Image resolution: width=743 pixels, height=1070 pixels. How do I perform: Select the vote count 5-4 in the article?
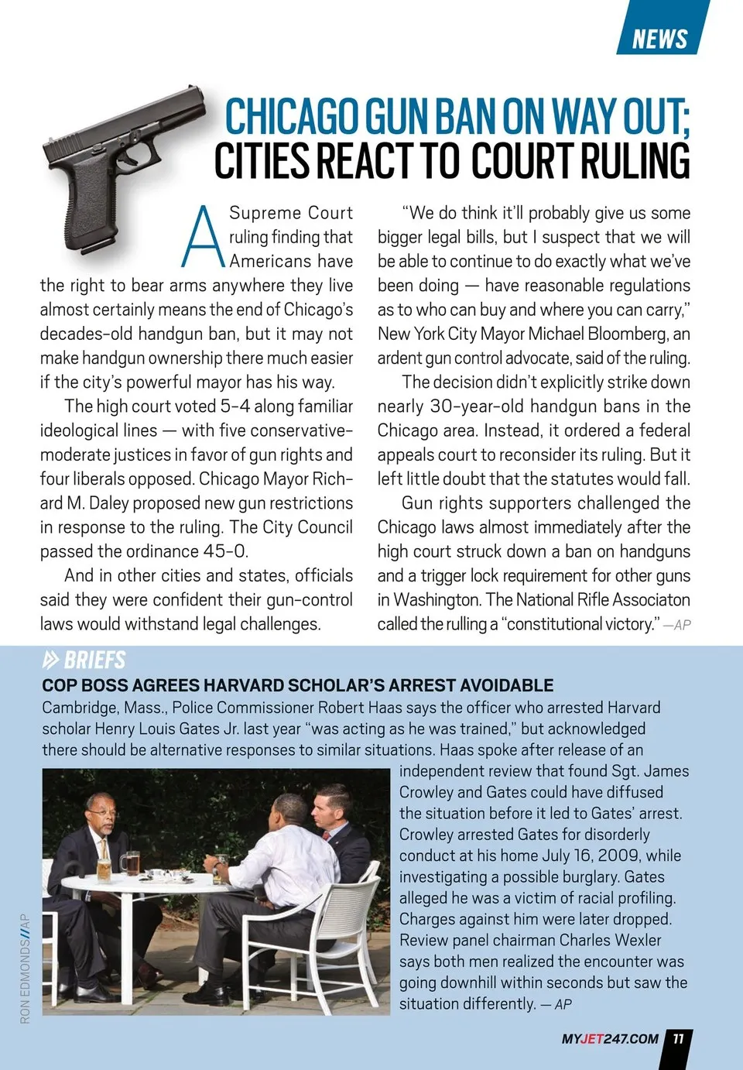(x=235, y=406)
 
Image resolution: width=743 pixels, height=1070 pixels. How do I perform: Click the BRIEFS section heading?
(x=94, y=660)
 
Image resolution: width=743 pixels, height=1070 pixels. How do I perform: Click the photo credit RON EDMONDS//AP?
(x=25, y=968)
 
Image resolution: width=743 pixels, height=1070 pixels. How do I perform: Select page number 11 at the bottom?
(x=678, y=1038)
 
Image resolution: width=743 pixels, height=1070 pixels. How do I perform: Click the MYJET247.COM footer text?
(x=610, y=1039)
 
